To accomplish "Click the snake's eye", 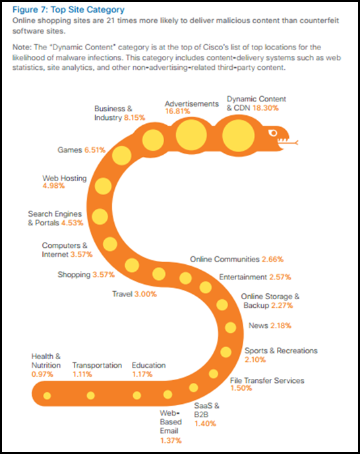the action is pyautogui.click(x=273, y=133).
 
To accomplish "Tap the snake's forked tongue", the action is pyautogui.click(x=289, y=142).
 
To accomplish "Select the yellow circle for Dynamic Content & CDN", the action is pyautogui.click(x=239, y=136).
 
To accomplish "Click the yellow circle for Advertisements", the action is pyautogui.click(x=191, y=135).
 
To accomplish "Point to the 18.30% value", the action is pyautogui.click(x=266, y=108).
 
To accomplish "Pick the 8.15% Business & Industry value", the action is pyautogui.click(x=135, y=117).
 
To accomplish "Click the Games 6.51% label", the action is pyautogui.click(x=81, y=150).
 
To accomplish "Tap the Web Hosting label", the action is pyautogui.click(x=65, y=178).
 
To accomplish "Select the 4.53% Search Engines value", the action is pyautogui.click(x=72, y=223).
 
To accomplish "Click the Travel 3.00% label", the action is pyautogui.click(x=135, y=294).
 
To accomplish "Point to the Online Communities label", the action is pyautogui.click(x=224, y=259).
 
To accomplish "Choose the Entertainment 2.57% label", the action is pyautogui.click(x=255, y=277).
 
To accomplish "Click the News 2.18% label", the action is pyautogui.click(x=270, y=326).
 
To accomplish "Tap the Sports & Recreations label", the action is pyautogui.click(x=281, y=351).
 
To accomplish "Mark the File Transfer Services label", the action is pyautogui.click(x=267, y=380).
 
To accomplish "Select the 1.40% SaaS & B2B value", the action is pyautogui.click(x=205, y=424).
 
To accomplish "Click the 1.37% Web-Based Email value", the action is pyautogui.click(x=171, y=441).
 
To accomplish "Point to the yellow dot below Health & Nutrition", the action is pyautogui.click(x=47, y=395).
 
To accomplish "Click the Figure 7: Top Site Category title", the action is pyautogui.click(x=69, y=10).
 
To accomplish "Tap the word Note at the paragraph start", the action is pyautogui.click(x=21, y=47).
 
